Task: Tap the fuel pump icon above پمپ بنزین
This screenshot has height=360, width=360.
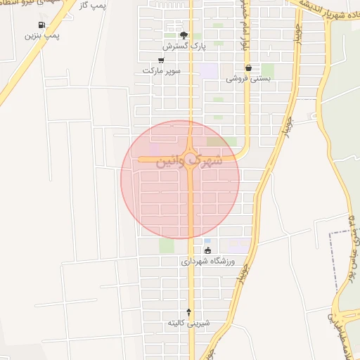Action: (x=50, y=25)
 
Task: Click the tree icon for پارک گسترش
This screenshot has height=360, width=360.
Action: (x=184, y=35)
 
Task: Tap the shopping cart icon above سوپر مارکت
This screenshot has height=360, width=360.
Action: (x=161, y=60)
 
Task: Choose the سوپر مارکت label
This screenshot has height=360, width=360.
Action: (x=161, y=71)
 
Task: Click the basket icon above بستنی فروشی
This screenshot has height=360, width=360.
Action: (x=248, y=68)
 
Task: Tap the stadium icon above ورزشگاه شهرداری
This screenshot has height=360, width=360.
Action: (x=207, y=250)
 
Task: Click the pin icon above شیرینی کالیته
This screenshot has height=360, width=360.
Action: (x=188, y=312)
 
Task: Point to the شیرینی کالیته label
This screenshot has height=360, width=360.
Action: (x=188, y=323)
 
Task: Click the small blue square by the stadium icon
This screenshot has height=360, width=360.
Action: (x=207, y=241)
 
